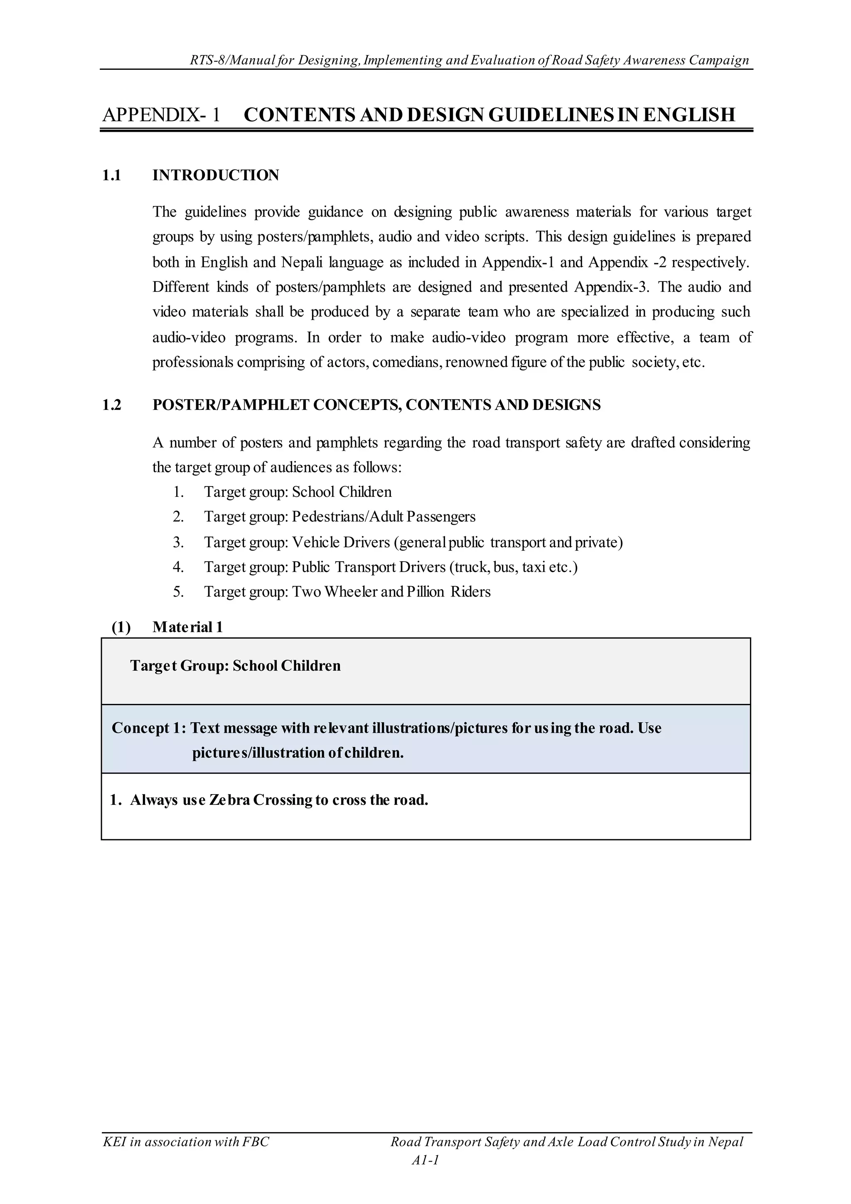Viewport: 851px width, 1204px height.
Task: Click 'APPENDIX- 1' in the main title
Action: (x=161, y=115)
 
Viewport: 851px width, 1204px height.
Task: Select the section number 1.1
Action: (x=112, y=175)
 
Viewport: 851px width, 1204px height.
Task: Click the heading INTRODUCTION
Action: (x=215, y=175)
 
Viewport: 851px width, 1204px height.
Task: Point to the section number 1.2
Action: (x=112, y=405)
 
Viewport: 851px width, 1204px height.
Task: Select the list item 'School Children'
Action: (x=342, y=492)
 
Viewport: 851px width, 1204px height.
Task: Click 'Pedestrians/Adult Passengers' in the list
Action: (x=384, y=517)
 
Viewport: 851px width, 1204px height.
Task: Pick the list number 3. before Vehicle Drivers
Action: (x=179, y=542)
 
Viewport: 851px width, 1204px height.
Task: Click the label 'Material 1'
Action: (x=187, y=627)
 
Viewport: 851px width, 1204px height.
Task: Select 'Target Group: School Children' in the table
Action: (x=235, y=666)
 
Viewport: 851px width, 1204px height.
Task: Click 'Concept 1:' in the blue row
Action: (x=149, y=728)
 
